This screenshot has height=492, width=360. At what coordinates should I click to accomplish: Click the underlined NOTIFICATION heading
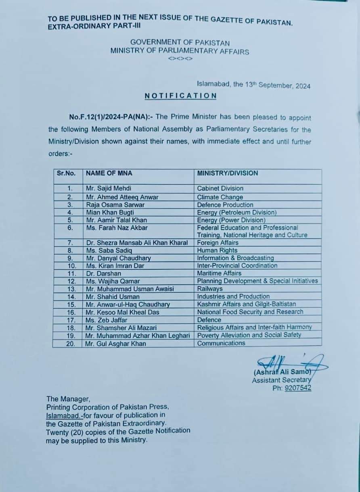click(x=180, y=96)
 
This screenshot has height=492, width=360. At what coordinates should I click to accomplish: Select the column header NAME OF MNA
click(x=109, y=173)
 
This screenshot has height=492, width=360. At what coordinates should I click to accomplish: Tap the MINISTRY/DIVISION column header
click(x=227, y=173)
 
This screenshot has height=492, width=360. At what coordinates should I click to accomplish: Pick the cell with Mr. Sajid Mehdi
click(x=109, y=188)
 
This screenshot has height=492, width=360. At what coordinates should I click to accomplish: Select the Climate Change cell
click(x=220, y=197)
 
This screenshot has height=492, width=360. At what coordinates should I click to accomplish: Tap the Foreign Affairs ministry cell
click(x=218, y=243)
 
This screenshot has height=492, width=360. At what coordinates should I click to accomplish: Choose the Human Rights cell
click(x=217, y=250)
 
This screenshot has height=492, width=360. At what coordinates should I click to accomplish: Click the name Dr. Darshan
click(x=103, y=273)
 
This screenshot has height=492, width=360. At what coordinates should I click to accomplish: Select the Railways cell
click(x=210, y=289)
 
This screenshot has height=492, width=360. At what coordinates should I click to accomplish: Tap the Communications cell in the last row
click(x=221, y=343)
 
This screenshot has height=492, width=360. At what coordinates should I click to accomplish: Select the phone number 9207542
click(x=298, y=388)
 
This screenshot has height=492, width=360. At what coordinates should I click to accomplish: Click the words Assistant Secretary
click(x=281, y=380)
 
